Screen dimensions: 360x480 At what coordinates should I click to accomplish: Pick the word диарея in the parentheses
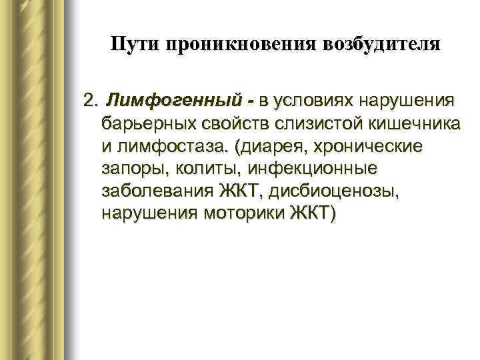click(x=264, y=147)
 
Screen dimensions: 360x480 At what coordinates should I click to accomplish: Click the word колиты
click(x=194, y=169)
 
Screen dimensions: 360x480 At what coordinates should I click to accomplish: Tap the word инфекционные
click(x=293, y=169)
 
